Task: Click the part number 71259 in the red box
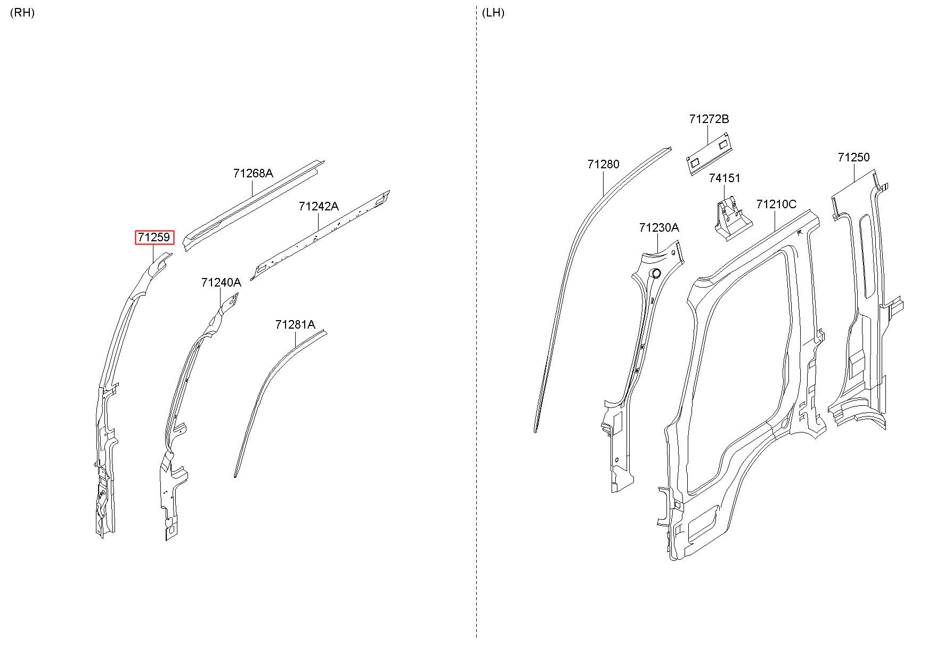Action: (154, 238)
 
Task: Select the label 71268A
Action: (253, 173)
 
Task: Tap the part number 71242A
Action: (319, 206)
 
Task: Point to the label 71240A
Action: (221, 282)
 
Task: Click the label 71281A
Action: (295, 324)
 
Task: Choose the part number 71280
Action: (603, 164)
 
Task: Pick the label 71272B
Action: (709, 119)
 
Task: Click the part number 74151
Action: (724, 178)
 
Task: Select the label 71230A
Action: (659, 228)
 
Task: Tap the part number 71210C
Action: (776, 204)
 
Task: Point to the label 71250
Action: (853, 157)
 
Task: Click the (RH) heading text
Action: (22, 13)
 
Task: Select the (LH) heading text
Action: (493, 13)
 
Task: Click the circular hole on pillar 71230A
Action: (656, 274)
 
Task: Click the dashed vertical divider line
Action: (476, 320)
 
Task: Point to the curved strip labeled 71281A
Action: (266, 383)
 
